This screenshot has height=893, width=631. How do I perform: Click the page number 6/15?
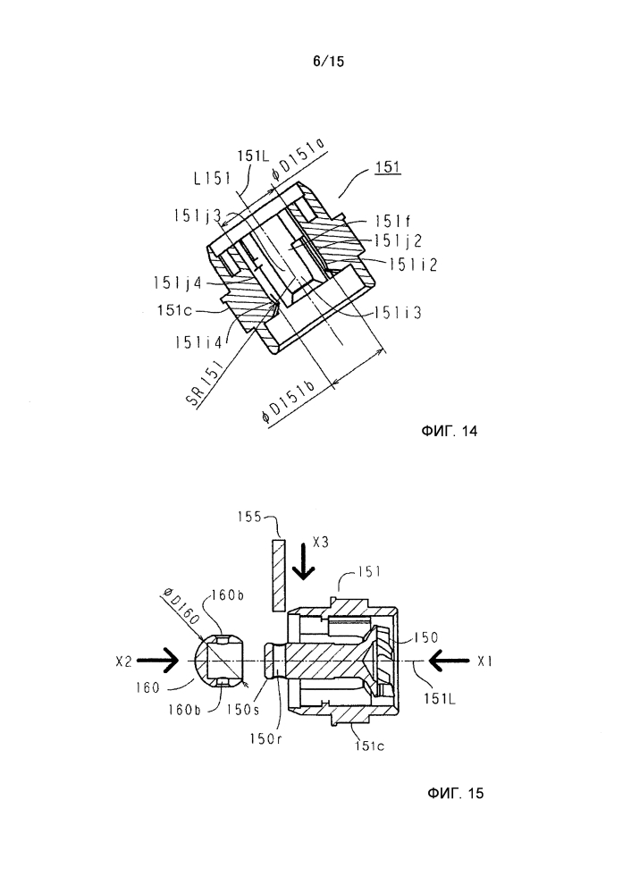pyautogui.click(x=329, y=62)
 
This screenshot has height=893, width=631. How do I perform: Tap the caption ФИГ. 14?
pyautogui.click(x=450, y=431)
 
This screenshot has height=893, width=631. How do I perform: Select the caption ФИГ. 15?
pyautogui.click(x=455, y=793)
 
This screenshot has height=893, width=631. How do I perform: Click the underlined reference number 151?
pyautogui.click(x=387, y=167)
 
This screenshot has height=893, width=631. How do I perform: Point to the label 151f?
pyautogui.click(x=393, y=221)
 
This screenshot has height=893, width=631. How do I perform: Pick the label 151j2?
pyautogui.click(x=398, y=241)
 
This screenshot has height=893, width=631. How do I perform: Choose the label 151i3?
pyautogui.click(x=398, y=313)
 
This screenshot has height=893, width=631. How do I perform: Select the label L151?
pyautogui.click(x=212, y=179)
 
